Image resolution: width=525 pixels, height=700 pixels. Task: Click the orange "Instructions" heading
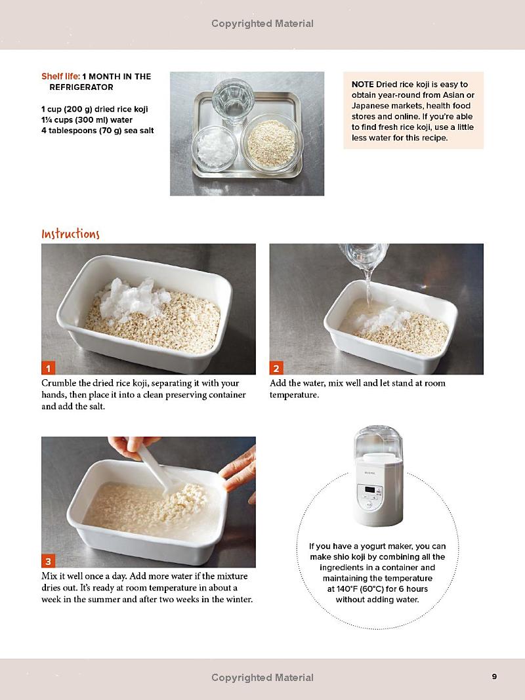[70, 234]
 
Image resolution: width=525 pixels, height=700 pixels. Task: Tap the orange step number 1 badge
[48, 368]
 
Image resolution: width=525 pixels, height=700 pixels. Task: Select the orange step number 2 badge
[276, 368]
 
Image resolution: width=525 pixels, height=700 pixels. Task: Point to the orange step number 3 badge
[48, 561]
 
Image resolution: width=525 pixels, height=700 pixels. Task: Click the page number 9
[494, 677]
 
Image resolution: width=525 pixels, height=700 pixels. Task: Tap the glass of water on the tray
[233, 101]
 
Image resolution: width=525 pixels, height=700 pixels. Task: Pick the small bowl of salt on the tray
[215, 148]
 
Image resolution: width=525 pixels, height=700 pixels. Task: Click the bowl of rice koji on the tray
[272, 143]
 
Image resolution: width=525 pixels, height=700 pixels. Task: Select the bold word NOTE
[362, 85]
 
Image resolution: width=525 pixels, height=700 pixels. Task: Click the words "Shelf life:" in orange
[61, 76]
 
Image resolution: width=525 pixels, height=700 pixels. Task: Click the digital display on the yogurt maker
[370, 490]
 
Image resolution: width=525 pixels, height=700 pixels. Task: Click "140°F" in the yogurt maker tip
[346, 589]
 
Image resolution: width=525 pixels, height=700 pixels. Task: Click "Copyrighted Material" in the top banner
[262, 24]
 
